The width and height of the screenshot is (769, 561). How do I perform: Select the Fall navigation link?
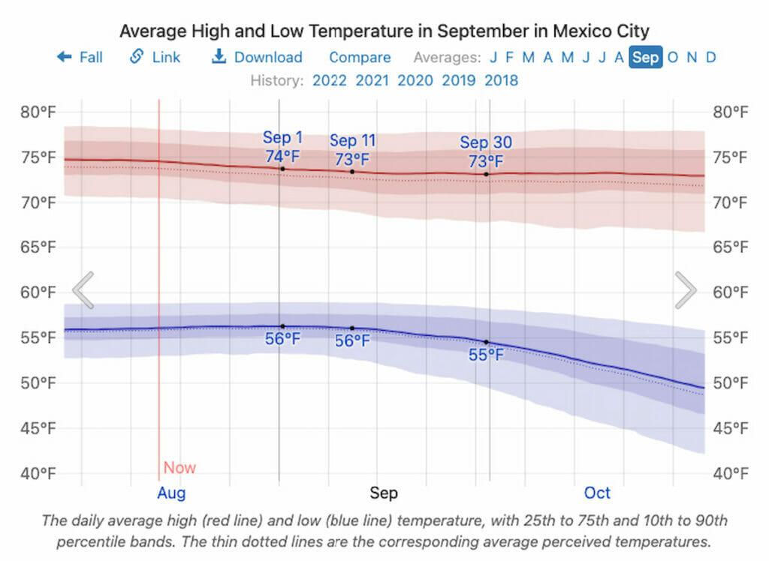[x=80, y=57]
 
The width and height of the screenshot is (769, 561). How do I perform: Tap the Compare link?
[x=360, y=57]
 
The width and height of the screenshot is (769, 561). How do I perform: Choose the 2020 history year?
[x=415, y=80]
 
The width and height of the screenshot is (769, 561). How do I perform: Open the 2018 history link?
[x=502, y=80]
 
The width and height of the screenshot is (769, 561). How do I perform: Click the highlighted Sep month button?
[x=646, y=57]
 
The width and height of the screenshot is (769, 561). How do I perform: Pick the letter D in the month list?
[x=710, y=57]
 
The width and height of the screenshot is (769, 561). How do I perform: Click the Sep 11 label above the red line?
[x=352, y=141]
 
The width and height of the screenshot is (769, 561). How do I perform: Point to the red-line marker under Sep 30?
[x=487, y=175]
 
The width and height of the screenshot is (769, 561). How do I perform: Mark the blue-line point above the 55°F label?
[x=487, y=342]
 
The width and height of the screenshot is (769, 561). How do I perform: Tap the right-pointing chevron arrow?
[x=686, y=290]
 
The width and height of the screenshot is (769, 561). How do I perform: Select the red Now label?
[x=179, y=468]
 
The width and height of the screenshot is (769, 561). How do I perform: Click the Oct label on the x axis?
[x=598, y=493]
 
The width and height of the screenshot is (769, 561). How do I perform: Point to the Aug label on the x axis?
[x=171, y=493]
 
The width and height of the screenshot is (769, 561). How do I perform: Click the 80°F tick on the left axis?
[x=38, y=112]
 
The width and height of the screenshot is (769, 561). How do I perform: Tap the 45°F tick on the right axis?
[x=730, y=428]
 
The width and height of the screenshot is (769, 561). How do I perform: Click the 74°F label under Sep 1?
[x=282, y=157]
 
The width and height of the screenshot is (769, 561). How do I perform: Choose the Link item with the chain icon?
[x=155, y=57]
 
